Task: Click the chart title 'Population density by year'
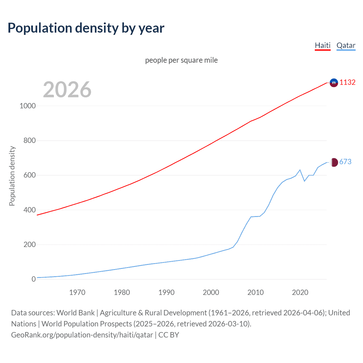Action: point(86,28)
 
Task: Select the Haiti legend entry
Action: point(323,45)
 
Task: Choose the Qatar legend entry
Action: point(346,45)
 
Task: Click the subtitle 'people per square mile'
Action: point(181,60)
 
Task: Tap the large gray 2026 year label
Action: point(67,90)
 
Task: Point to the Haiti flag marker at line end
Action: point(334,83)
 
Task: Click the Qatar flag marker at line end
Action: point(334,162)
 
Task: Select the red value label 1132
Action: point(347,82)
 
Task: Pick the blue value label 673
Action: point(345,162)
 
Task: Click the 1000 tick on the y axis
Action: point(28,106)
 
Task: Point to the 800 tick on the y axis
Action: point(29,140)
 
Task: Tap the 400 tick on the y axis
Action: point(29,210)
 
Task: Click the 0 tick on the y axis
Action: point(34,279)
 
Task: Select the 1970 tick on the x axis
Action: point(77,292)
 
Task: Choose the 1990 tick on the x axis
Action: point(166,292)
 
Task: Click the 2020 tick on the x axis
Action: point(300,292)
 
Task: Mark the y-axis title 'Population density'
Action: point(12,176)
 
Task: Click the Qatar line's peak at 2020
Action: point(300,170)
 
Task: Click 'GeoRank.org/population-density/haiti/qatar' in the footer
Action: point(82,335)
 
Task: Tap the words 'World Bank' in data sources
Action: point(75,313)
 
